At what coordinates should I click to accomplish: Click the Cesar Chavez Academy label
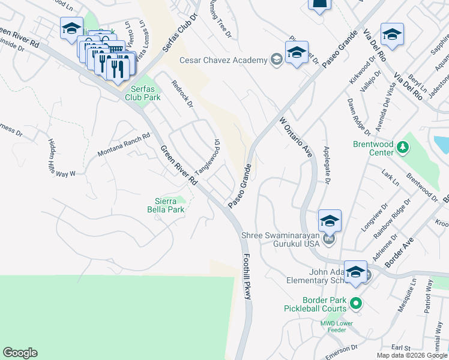(x=223, y=60)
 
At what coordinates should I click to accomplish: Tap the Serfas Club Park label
(x=143, y=92)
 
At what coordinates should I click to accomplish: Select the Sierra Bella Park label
(x=165, y=205)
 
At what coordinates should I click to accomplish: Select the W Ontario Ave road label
(x=297, y=137)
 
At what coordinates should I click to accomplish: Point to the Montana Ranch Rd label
(x=124, y=146)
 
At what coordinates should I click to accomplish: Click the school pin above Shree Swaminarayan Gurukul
(x=330, y=221)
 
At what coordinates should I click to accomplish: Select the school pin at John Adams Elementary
(x=355, y=271)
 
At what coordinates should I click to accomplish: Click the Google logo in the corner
(x=20, y=353)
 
